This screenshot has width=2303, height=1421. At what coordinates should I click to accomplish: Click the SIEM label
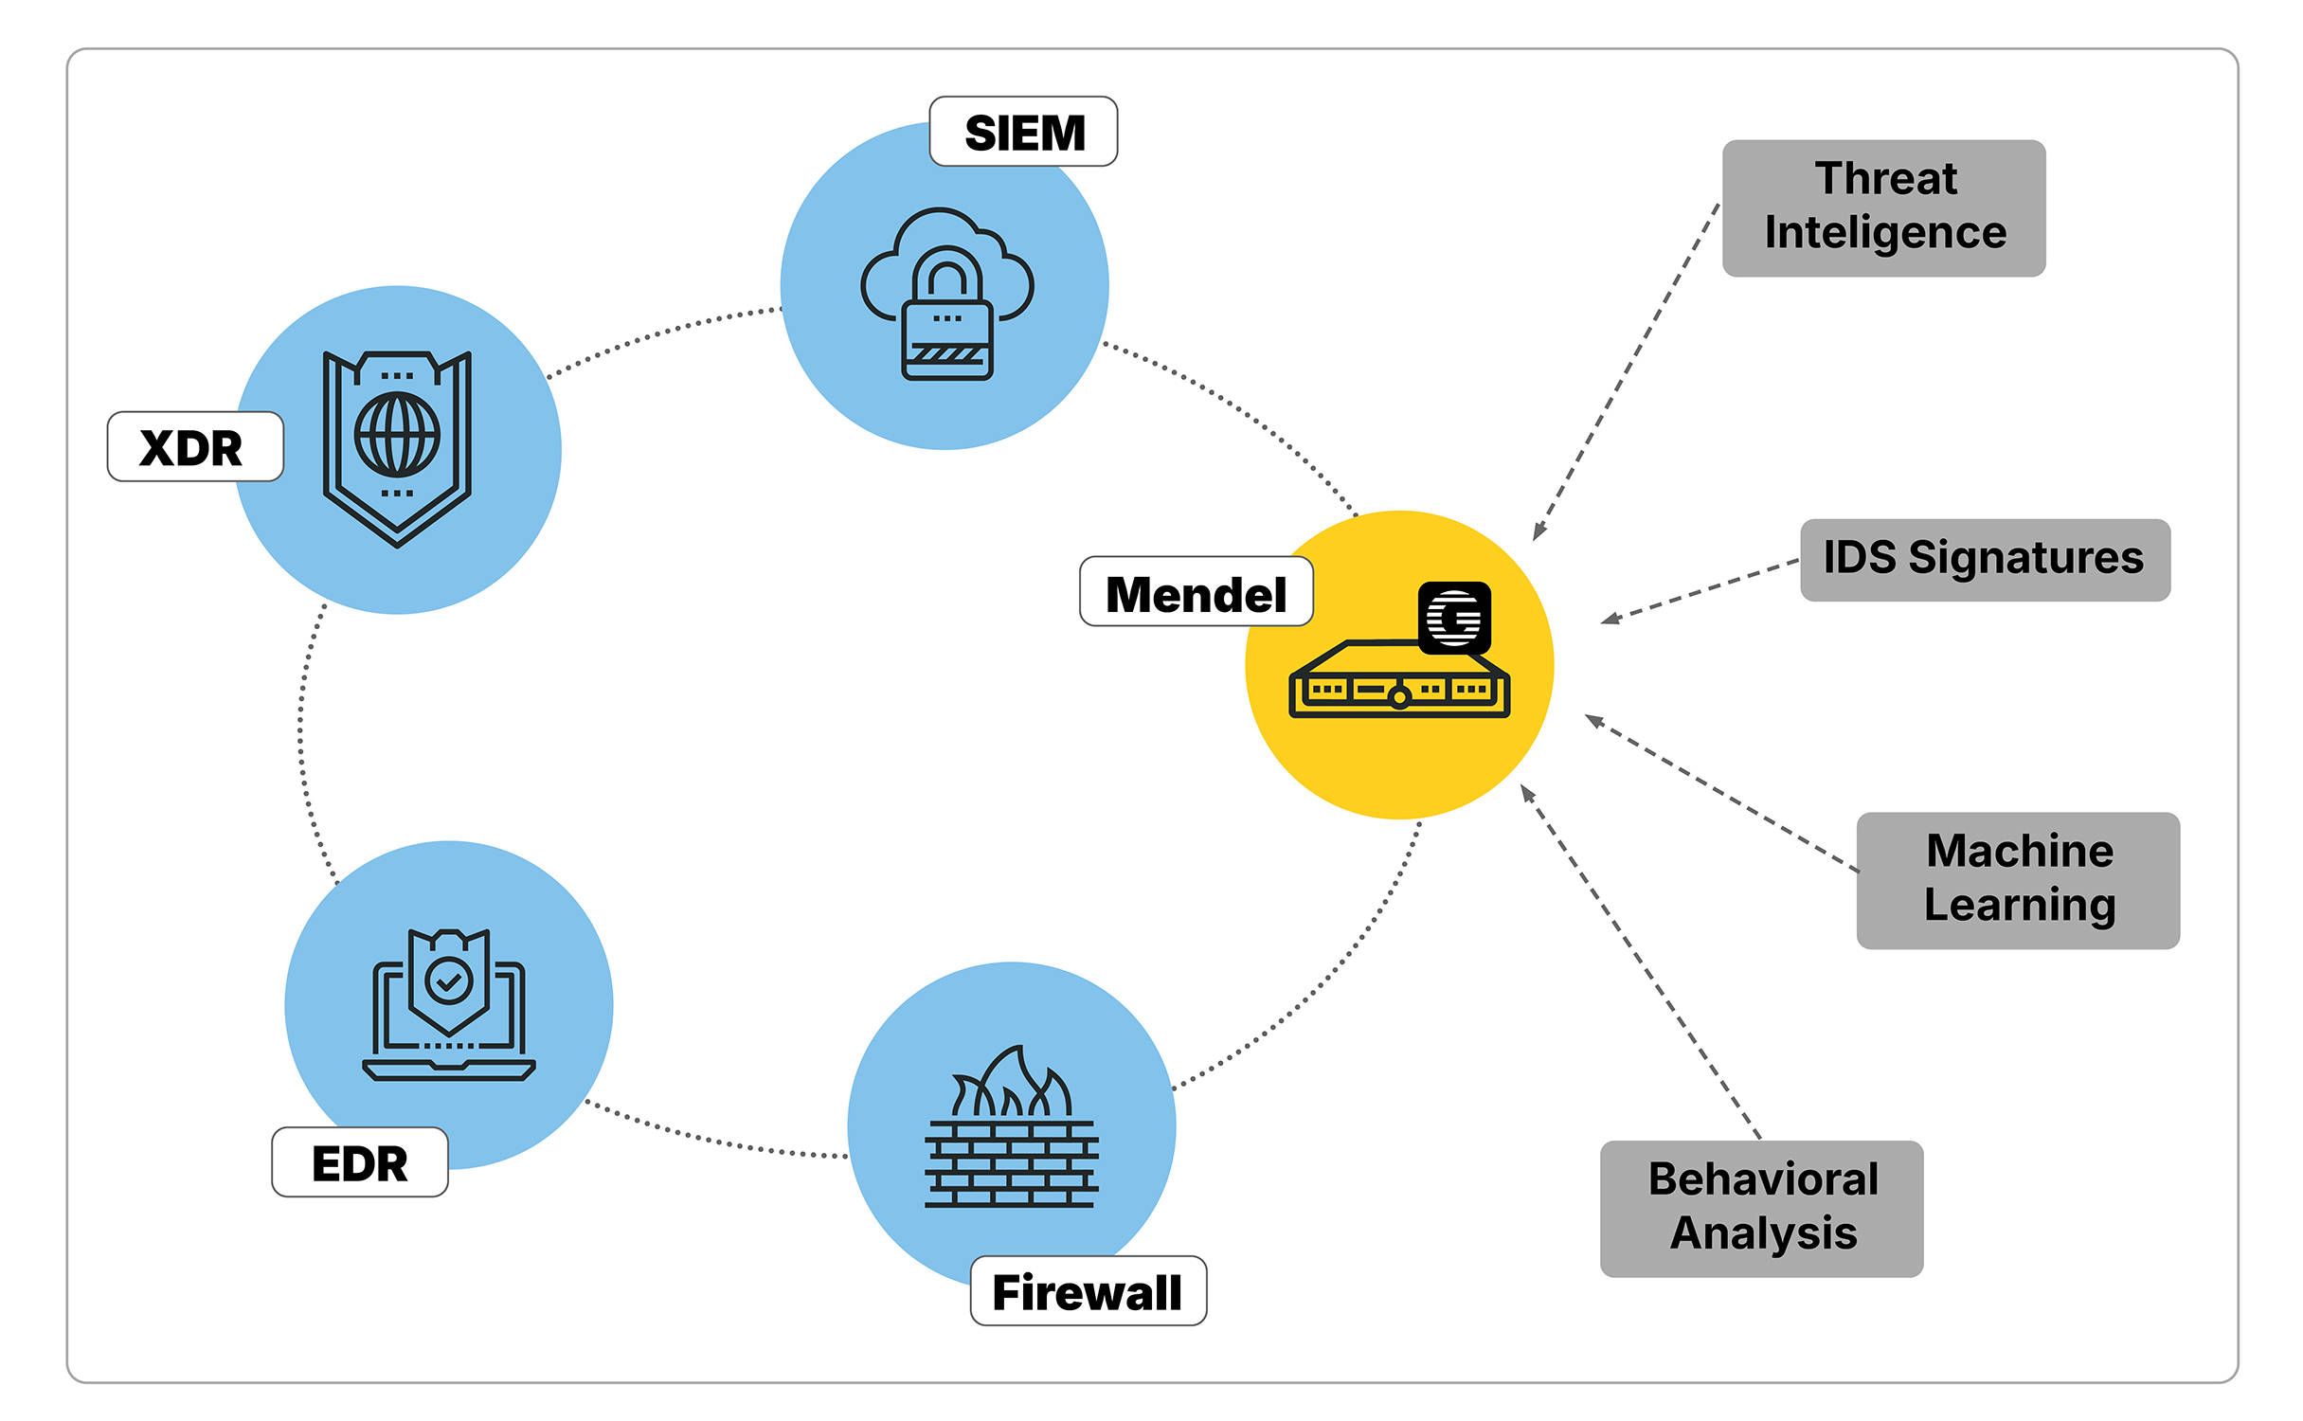tap(1023, 132)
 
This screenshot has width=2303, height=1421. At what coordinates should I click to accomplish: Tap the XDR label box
tap(194, 447)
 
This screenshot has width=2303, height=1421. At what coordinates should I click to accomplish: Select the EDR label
tap(359, 1162)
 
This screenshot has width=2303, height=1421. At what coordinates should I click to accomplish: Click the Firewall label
tap(1088, 1291)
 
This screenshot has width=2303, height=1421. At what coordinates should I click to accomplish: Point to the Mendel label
tap(1196, 592)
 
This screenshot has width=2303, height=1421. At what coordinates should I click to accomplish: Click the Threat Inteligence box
tap(1883, 208)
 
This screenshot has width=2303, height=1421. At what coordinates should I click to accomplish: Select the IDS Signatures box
tap(1984, 559)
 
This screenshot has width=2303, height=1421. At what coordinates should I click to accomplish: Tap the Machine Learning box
tap(2018, 880)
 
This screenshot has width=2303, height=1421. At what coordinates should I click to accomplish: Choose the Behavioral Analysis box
tap(1761, 1208)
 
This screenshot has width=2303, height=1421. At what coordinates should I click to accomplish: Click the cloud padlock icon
tap(946, 294)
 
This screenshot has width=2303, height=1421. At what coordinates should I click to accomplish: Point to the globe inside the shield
tap(397, 436)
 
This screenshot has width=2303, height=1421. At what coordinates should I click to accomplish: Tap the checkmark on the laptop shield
tap(449, 980)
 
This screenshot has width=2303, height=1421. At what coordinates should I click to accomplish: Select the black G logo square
tap(1454, 617)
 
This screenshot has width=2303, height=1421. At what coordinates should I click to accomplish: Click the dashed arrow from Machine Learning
tap(1719, 792)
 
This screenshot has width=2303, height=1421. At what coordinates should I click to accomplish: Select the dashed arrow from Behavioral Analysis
tap(1639, 961)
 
